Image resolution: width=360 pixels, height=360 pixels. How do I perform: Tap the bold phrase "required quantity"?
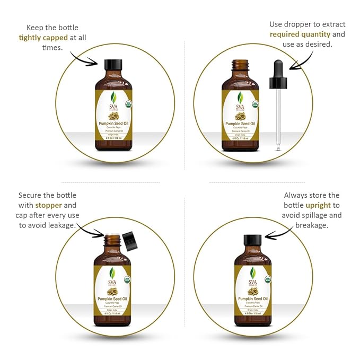coord(300,34)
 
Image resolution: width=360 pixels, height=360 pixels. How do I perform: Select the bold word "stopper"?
coord(49,205)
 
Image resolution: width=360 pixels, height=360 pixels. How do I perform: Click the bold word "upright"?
coord(319,205)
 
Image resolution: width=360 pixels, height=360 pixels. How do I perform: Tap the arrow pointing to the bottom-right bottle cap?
coord(274,234)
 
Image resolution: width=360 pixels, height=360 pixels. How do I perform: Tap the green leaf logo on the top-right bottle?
coord(240,98)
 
